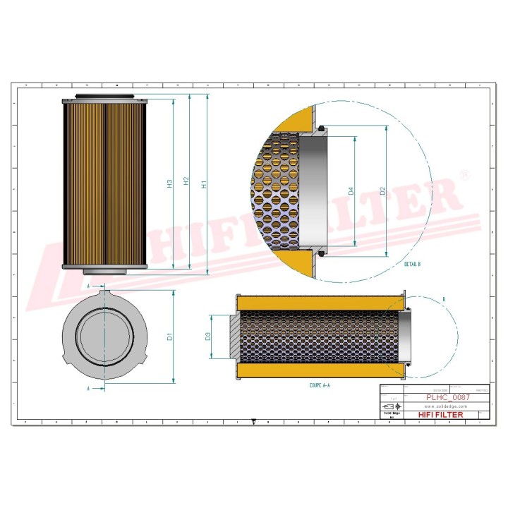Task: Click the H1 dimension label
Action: (x=205, y=184)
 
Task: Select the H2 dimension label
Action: (x=186, y=181)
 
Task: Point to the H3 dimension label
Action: (x=169, y=184)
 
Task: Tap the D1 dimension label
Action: (x=170, y=337)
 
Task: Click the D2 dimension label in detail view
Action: (x=382, y=191)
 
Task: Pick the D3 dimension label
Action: (x=209, y=337)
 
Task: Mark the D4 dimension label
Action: (x=351, y=191)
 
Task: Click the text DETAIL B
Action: (x=412, y=264)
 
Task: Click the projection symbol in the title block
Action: (x=389, y=407)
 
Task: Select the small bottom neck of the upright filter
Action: (x=104, y=272)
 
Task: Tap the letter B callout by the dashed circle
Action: (x=443, y=300)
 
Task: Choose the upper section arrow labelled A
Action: (x=88, y=288)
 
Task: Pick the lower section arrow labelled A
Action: (x=88, y=388)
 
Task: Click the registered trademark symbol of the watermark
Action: (x=463, y=173)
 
